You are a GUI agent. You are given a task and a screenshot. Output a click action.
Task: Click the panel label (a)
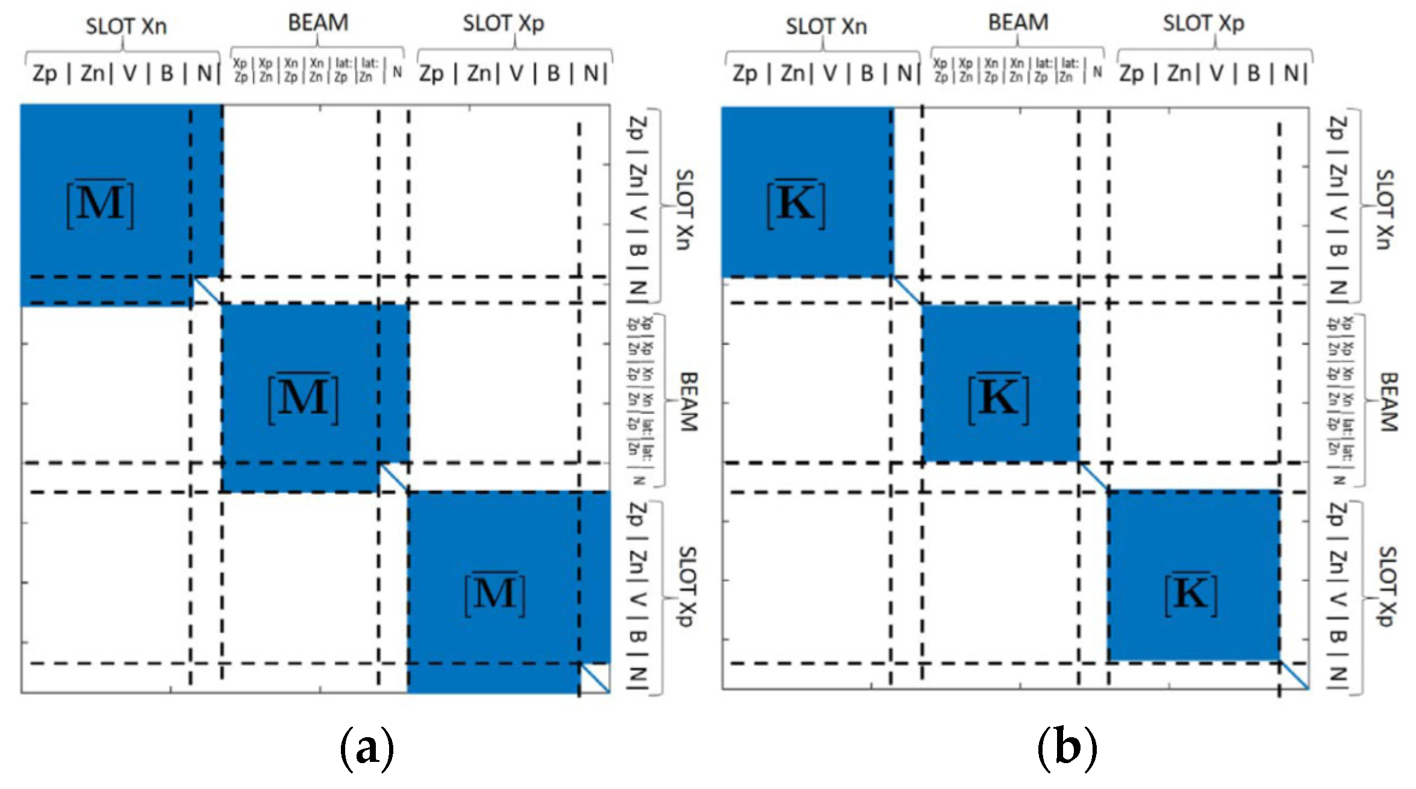click(x=367, y=749)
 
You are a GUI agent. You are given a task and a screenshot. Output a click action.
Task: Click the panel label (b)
click(x=1067, y=749)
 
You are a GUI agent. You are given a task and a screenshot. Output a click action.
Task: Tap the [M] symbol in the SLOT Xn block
click(x=100, y=204)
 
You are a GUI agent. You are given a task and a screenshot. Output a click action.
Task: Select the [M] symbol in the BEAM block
click(x=303, y=398)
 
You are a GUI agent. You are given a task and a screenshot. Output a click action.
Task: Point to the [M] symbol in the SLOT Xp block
click(x=495, y=594)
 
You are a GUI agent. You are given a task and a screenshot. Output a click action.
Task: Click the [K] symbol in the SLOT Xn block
click(x=796, y=204)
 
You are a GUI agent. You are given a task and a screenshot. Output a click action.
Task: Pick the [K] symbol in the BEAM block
click(x=998, y=398)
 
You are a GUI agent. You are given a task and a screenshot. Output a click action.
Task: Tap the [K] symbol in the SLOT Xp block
click(x=1191, y=594)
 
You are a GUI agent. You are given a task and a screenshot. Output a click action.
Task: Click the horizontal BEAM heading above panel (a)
click(x=318, y=23)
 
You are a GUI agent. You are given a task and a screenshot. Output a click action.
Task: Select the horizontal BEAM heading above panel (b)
click(x=1018, y=23)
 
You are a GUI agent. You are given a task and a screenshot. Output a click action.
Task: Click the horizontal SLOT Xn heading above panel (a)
click(x=126, y=27)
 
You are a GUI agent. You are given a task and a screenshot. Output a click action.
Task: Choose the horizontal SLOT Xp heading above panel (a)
click(x=504, y=24)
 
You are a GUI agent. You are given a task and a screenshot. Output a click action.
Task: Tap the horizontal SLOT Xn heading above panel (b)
click(x=826, y=27)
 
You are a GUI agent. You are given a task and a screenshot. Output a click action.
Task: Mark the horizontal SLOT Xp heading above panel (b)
click(x=1203, y=24)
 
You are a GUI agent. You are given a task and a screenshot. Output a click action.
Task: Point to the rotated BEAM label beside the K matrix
click(x=1388, y=402)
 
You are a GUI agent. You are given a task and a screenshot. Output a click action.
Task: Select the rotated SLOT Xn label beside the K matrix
click(x=1385, y=209)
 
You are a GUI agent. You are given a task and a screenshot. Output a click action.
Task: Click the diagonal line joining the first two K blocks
click(x=907, y=291)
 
